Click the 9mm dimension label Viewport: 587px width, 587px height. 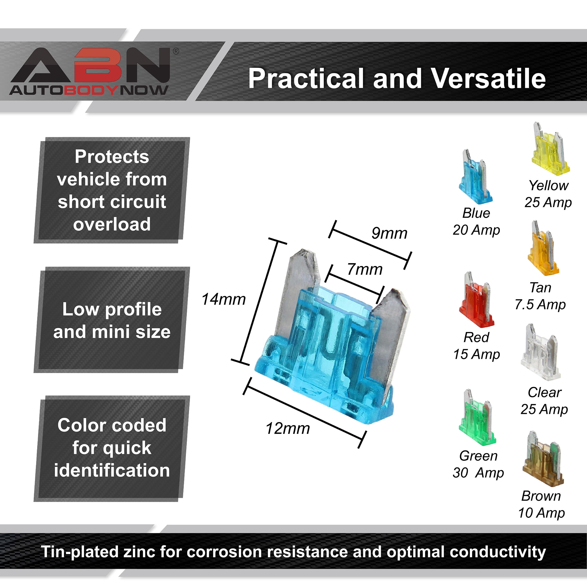tap(389, 233)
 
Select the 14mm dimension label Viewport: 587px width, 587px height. tap(224, 299)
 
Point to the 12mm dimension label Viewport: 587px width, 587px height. tap(288, 429)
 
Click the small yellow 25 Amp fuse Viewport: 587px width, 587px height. tap(550, 149)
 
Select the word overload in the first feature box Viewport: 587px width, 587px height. tap(112, 224)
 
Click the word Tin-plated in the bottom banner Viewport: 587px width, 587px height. tap(80, 552)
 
